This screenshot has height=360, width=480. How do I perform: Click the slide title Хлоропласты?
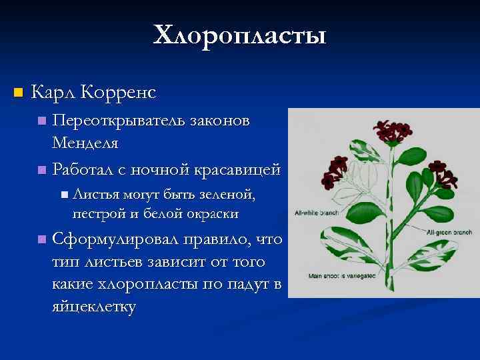click(x=240, y=35)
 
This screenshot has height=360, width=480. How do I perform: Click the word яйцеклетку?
click(x=93, y=307)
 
